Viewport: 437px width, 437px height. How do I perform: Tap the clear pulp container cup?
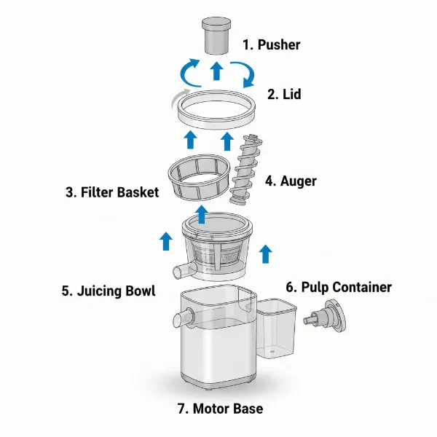(x=276, y=332)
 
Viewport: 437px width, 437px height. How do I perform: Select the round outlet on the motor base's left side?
(x=179, y=318)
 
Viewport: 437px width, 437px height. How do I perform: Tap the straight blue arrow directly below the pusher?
(x=216, y=71)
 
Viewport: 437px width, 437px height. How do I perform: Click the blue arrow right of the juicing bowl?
(x=266, y=253)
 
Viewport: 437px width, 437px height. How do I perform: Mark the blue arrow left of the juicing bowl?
(x=165, y=239)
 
